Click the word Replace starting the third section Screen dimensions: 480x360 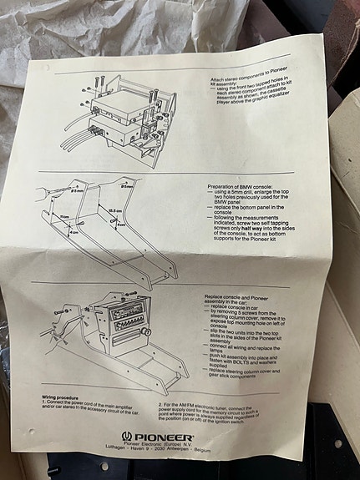coord(216,295)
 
